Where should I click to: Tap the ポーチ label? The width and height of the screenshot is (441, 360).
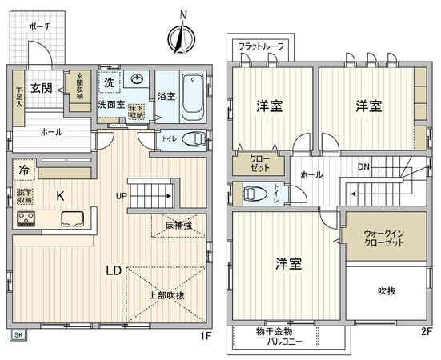pos(39,27)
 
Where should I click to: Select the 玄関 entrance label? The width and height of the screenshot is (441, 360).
pos(41,88)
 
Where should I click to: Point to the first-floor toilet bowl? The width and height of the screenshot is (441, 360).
pos(193,139)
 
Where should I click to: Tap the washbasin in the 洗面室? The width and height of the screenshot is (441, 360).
pos(138,79)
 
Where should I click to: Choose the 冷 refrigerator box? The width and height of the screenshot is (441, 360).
pos(25,170)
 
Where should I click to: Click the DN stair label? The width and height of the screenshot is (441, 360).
pos(363,167)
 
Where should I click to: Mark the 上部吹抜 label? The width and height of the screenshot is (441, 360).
pos(166,295)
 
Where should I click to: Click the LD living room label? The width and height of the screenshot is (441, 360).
pos(115,270)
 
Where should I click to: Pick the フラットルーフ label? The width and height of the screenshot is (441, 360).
pos(262,46)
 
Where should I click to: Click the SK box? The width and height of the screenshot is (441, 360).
pos(18,334)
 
